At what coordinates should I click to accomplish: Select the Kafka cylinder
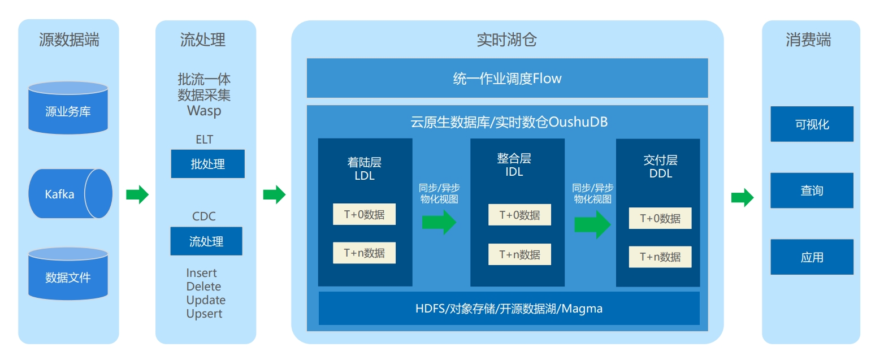70,194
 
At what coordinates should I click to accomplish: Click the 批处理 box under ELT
207,164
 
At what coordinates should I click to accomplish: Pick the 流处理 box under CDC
206,241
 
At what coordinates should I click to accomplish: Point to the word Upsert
204,314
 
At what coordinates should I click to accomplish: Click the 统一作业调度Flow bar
507,78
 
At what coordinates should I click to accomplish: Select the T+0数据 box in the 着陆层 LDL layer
364,214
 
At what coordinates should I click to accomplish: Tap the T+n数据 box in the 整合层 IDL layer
519,254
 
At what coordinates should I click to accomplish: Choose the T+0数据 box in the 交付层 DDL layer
660,218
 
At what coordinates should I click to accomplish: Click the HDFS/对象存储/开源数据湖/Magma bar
509,309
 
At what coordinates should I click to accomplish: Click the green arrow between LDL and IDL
439,222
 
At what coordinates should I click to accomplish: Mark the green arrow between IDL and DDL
592,224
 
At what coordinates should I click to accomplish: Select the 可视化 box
812,124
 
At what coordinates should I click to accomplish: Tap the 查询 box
812,190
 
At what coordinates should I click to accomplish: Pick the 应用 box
812,257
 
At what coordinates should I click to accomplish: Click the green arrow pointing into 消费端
742,198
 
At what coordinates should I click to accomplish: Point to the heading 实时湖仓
506,40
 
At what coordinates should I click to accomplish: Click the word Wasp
204,110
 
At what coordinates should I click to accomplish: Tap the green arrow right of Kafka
137,194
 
